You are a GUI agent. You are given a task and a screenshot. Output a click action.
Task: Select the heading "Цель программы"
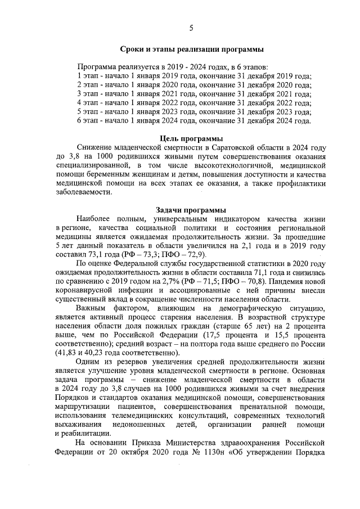pos(191,138)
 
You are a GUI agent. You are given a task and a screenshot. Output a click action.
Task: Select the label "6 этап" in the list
pos(89,121)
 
